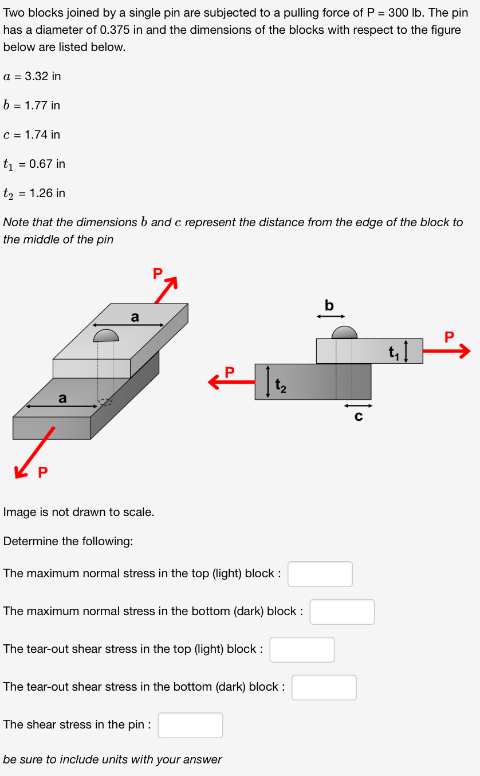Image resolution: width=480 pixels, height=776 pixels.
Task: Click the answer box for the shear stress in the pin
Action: pyautogui.click(x=190, y=725)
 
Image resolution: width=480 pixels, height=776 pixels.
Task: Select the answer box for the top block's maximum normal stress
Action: pyautogui.click(x=320, y=574)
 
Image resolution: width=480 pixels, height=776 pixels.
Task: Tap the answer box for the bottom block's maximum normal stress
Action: pyautogui.click(x=342, y=612)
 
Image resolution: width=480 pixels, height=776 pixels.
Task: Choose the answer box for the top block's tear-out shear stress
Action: pyautogui.click(x=302, y=649)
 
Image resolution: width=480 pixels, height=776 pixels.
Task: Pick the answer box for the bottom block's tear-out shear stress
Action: pyautogui.click(x=324, y=687)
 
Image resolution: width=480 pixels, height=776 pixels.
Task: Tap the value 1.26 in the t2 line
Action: pyautogui.click(x=41, y=193)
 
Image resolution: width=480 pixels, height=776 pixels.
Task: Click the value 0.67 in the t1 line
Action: pyautogui.click(x=41, y=164)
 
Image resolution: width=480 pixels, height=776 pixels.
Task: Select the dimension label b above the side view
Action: pyautogui.click(x=329, y=306)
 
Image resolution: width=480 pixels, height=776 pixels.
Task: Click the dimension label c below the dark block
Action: pyautogui.click(x=359, y=417)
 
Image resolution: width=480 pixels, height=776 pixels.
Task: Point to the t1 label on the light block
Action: pyautogui.click(x=394, y=351)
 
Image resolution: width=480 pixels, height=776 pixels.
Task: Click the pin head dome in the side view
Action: pyautogui.click(x=344, y=332)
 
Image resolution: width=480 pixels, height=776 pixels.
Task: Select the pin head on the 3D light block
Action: pyautogui.click(x=106, y=335)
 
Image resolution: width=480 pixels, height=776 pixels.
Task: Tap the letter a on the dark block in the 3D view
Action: pyautogui.click(x=62, y=397)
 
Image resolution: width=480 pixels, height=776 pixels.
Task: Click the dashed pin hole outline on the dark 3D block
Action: pyautogui.click(x=105, y=401)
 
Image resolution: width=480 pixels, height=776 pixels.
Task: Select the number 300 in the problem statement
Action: pyautogui.click(x=397, y=13)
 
